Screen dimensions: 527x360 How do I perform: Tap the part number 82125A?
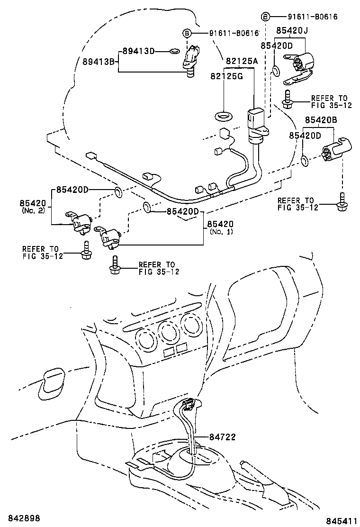[x=242, y=61]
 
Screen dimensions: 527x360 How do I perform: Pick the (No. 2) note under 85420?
[x=33, y=210]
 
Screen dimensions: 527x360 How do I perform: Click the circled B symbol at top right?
[x=266, y=17]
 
